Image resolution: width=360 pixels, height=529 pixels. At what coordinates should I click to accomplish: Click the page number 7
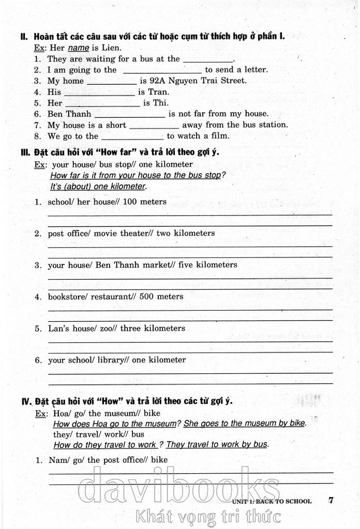(x=331, y=500)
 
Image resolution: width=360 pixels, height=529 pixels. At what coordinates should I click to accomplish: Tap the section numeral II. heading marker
(x=24, y=37)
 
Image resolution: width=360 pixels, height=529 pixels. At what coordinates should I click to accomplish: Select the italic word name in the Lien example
(x=79, y=48)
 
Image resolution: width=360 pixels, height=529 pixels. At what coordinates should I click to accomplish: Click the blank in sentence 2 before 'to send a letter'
(x=161, y=70)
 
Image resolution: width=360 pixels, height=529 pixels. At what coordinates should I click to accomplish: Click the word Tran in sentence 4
(x=158, y=92)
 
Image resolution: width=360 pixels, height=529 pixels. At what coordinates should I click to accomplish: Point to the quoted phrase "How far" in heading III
(x=117, y=153)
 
